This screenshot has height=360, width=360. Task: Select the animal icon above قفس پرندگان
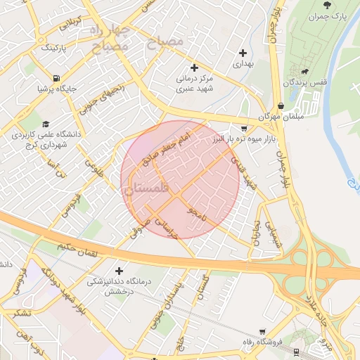304,71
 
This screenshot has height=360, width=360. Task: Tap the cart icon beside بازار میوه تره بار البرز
243,129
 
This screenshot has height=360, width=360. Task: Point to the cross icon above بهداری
243,53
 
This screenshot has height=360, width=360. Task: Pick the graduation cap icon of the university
46,123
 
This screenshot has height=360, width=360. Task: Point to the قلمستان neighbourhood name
146,188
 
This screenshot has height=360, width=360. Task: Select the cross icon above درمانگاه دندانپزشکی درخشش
118,271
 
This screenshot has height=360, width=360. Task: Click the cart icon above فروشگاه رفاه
262,331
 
